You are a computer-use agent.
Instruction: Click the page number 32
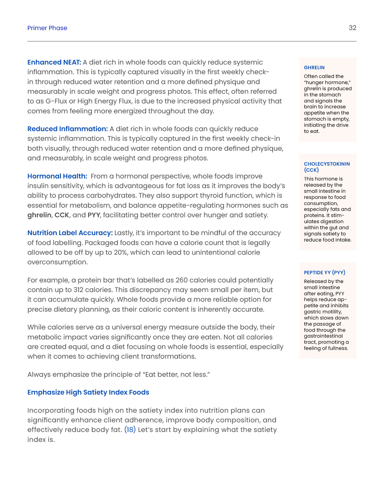352,28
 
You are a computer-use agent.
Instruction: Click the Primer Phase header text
47,28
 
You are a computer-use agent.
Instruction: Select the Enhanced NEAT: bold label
54,62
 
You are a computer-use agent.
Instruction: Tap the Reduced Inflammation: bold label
68,129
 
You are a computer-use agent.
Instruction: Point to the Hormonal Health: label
57,176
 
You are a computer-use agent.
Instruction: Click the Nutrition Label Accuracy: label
70,233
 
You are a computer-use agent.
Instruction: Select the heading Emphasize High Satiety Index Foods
88,392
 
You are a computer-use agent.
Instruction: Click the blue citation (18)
130,430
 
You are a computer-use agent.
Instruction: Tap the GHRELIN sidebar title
314,67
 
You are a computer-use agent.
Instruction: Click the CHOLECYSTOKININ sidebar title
327,164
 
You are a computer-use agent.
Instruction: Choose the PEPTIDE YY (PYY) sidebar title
324,272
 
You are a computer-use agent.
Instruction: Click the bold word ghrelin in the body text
39,215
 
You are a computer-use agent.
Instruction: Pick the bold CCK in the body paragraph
62,215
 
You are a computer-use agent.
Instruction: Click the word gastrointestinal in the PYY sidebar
323,336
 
